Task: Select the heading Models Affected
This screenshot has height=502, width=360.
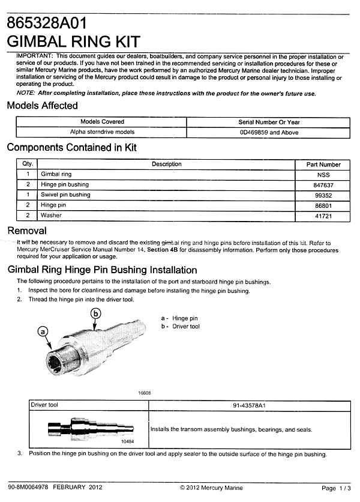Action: click(42, 106)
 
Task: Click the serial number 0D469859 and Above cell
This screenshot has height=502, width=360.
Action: click(268, 132)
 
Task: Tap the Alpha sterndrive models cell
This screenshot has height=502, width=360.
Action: click(102, 132)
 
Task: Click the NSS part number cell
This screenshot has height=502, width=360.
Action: click(323, 174)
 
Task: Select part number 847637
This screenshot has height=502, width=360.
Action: click(323, 184)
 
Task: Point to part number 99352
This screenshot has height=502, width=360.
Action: click(323, 195)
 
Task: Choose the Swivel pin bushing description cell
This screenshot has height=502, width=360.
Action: click(65, 195)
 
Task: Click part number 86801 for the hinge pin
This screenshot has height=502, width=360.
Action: click(323, 205)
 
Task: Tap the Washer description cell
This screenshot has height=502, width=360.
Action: click(51, 216)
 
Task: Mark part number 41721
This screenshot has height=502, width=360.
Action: click(323, 216)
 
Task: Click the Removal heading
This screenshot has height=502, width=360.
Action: click(26, 231)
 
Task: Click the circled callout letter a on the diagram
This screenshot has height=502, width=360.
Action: click(43, 331)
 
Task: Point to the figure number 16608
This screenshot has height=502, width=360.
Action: click(144, 393)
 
